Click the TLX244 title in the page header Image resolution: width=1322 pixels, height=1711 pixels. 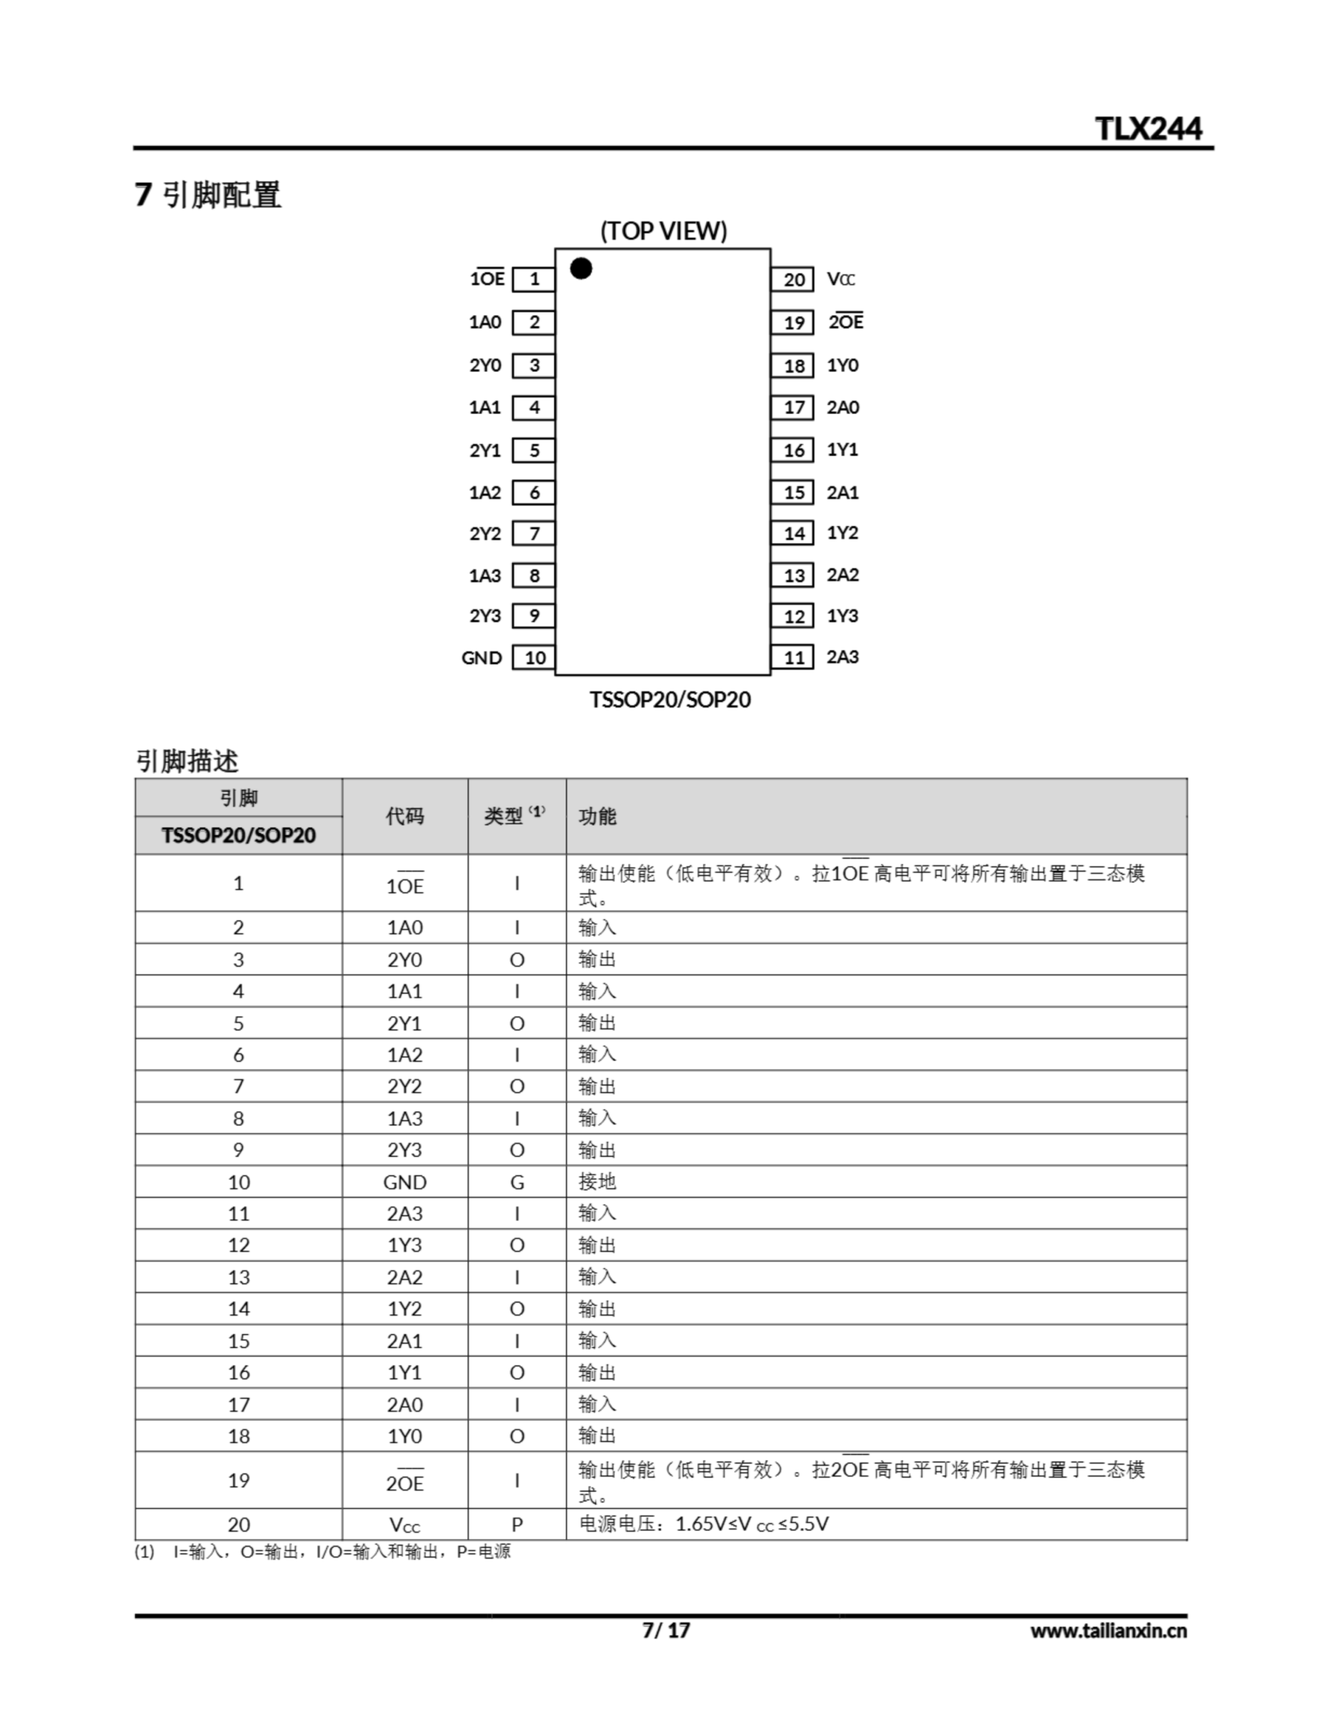pyautogui.click(x=1148, y=128)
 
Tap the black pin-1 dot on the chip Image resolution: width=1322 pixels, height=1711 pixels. pyautogui.click(x=581, y=269)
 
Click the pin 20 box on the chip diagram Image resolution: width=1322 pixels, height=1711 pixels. pyautogui.click(x=794, y=279)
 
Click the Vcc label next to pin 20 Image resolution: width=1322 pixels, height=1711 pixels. pyautogui.click(x=841, y=279)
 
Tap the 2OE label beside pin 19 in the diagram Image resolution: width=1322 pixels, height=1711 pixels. pyautogui.click(x=846, y=322)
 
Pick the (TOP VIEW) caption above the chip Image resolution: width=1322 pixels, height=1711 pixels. pyautogui.click(x=663, y=231)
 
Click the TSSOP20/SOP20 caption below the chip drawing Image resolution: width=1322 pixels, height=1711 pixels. pyautogui.click(x=670, y=700)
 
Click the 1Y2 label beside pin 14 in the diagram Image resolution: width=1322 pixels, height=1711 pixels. pyautogui.click(x=842, y=533)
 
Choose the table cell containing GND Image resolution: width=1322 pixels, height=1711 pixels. pyautogui.click(x=404, y=1182)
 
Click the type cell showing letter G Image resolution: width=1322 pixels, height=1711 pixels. pyautogui.click(x=517, y=1182)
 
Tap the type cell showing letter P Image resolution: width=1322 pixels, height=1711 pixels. pyautogui.click(x=517, y=1525)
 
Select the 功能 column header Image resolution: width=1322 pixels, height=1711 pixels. pyautogui.click(x=597, y=816)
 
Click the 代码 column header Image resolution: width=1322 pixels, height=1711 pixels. pyautogui.click(x=404, y=816)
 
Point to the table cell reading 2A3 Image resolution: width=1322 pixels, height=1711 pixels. pyautogui.click(x=404, y=1214)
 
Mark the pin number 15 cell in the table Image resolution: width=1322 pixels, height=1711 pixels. pyautogui.click(x=238, y=1341)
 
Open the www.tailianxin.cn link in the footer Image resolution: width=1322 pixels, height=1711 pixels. pyautogui.click(x=1107, y=1631)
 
